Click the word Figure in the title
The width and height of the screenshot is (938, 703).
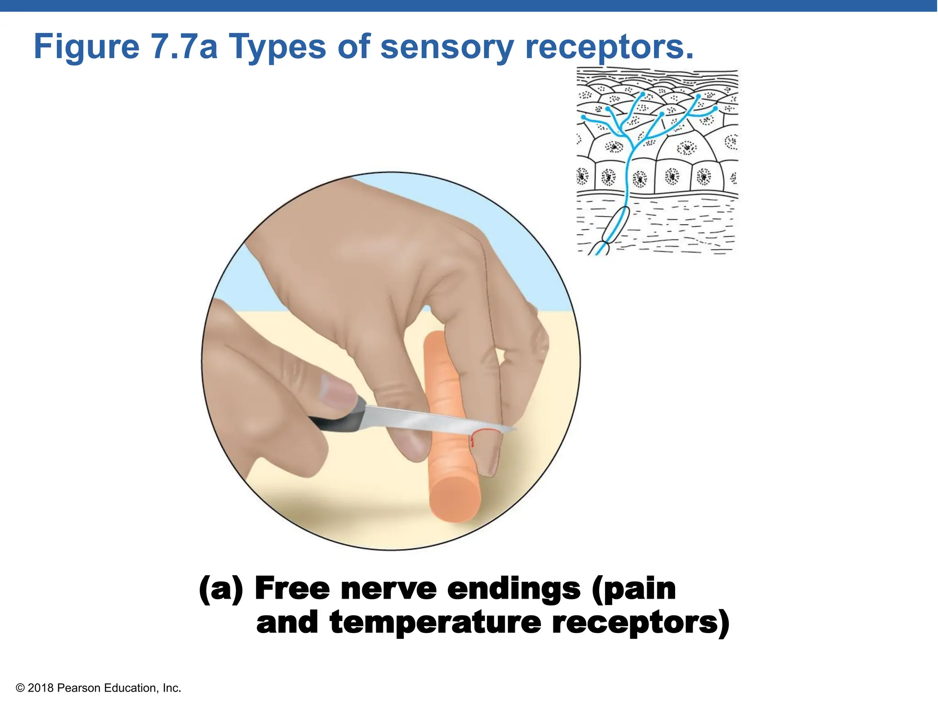coord(87,47)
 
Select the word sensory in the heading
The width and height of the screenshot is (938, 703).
coord(447,47)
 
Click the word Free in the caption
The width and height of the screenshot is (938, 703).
coord(292,589)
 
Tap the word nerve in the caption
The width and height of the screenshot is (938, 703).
coord(389,589)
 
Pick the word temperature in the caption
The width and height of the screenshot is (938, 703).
coord(435,622)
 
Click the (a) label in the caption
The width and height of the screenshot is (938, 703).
coord(220,589)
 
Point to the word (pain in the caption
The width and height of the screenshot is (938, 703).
coord(634,589)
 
